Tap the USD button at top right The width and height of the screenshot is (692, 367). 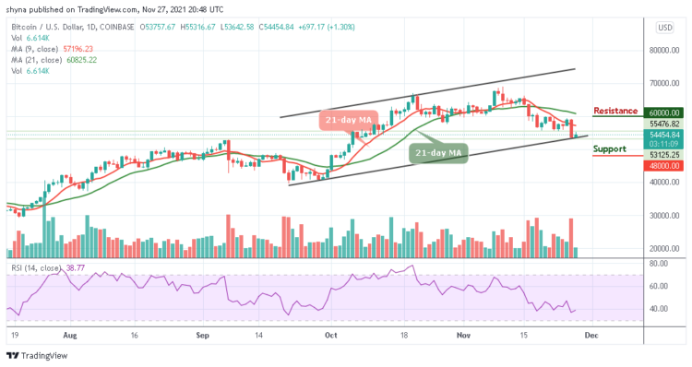[664, 28]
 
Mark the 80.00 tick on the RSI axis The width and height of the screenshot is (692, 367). [657, 263]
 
